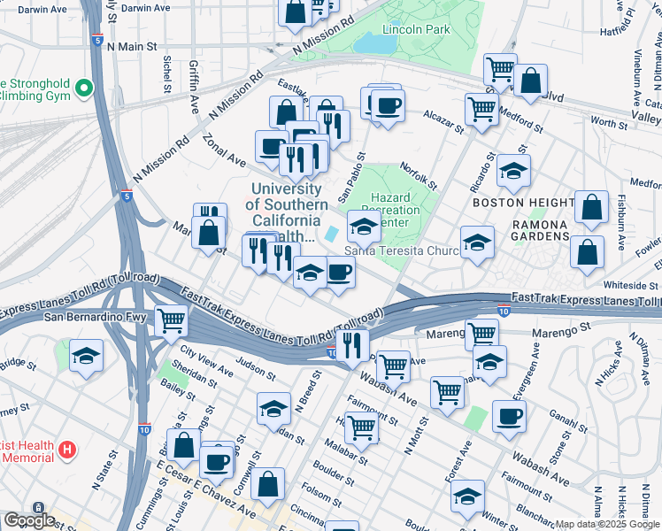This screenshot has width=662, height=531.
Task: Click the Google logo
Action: click(28, 520)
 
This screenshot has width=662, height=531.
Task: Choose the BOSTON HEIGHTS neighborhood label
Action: click(519, 203)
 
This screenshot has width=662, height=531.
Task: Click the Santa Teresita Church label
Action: click(401, 250)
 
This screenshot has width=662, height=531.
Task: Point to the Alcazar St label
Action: click(443, 117)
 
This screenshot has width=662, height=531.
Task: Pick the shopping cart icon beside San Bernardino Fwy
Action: click(171, 320)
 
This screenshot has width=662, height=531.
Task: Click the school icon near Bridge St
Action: click(86, 356)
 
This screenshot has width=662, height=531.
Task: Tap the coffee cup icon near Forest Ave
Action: click(509, 416)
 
